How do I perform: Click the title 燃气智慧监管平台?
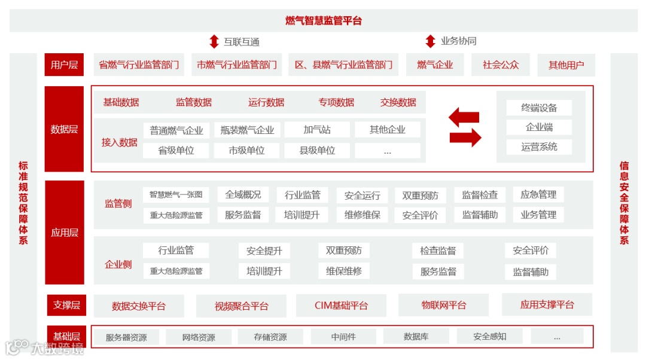click(323, 21)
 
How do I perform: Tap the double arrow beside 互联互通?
click(214, 42)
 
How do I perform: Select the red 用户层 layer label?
click(64, 65)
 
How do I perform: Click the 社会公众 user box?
click(501, 65)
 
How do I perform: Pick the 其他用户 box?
click(566, 65)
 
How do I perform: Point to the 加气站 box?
click(316, 130)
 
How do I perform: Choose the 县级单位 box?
click(316, 151)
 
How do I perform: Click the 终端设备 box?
click(539, 108)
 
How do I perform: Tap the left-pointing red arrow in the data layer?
click(464, 117)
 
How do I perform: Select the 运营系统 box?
click(539, 147)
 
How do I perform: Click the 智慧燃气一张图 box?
click(176, 195)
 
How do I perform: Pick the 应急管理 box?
click(538, 195)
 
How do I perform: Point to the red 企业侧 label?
click(118, 264)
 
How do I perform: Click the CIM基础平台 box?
click(341, 306)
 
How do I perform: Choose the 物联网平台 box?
click(443, 306)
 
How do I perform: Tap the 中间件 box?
click(343, 337)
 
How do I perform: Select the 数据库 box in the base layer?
click(416, 337)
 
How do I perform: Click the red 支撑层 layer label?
click(66, 306)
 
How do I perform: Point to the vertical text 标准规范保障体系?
click(23, 203)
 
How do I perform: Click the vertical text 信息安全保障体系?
click(624, 203)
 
